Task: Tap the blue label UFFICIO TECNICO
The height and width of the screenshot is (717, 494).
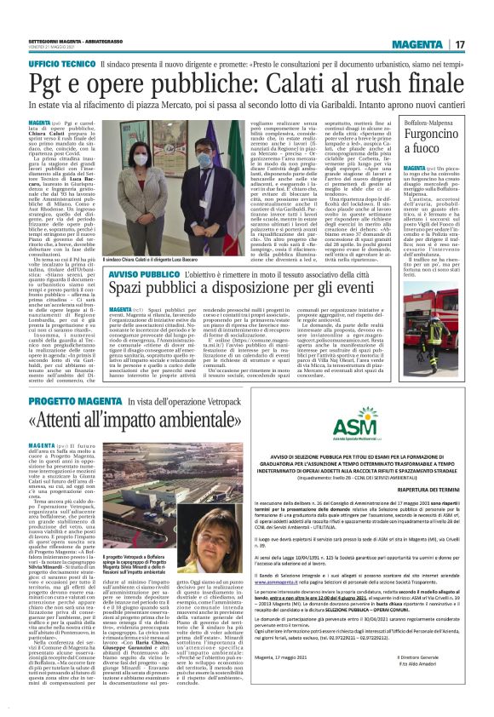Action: (x=66, y=65)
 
